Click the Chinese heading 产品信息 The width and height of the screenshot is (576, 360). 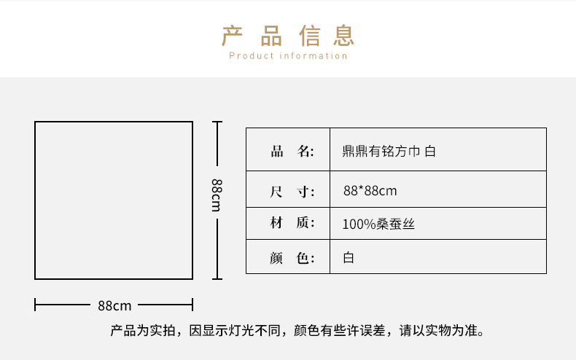pos(288,34)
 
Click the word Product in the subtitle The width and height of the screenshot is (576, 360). pos(251,56)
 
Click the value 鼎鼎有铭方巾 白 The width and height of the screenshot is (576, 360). pos(389,152)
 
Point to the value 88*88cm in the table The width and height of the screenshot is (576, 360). pos(370,191)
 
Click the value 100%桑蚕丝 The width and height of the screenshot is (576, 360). pos(378,224)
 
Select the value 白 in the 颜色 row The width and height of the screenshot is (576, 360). pos(348,257)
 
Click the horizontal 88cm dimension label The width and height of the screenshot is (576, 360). pos(114,305)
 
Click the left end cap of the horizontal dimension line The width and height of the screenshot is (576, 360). pos(35,304)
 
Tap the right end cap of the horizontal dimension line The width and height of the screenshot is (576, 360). pos(192,304)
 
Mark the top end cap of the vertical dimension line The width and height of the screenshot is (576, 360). pos(217,122)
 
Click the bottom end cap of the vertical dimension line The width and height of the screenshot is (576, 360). pos(217,278)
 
